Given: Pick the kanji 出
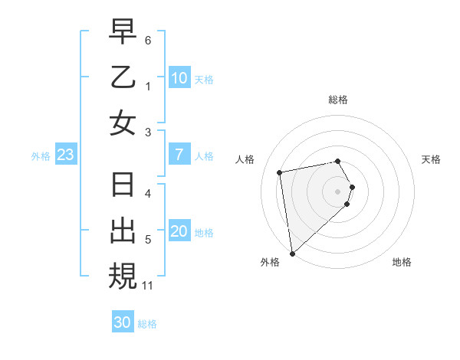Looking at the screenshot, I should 123,231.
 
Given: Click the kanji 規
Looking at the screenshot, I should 123,277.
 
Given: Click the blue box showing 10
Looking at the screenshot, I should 179,77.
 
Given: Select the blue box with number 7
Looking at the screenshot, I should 179,155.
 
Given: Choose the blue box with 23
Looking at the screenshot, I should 66,155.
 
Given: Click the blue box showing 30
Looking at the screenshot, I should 123,322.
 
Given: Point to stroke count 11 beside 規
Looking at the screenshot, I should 148,286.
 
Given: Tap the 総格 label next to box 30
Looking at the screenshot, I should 147,324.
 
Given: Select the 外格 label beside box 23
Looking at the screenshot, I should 41,156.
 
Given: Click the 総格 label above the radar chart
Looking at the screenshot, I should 338,100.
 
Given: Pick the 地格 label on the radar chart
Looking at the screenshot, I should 402,263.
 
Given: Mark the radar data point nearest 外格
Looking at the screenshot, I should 292,253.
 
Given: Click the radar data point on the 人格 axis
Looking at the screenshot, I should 280,172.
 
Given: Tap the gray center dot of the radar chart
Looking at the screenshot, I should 338,190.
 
